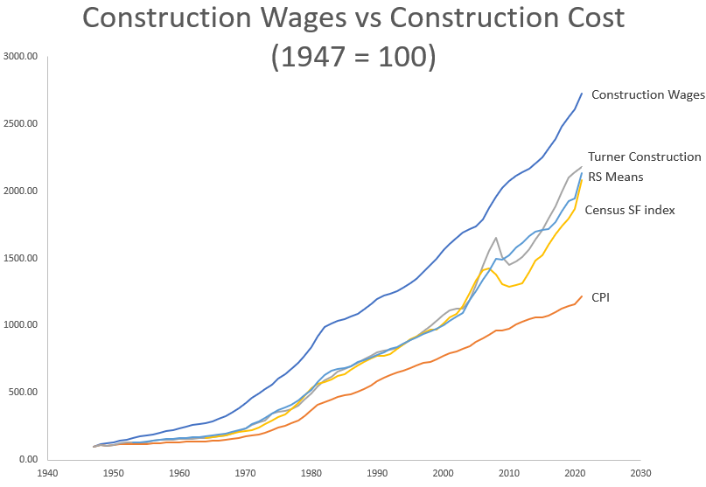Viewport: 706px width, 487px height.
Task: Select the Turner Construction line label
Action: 644,157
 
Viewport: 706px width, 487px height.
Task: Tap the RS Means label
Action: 615,177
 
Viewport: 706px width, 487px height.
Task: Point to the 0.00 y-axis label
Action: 28,460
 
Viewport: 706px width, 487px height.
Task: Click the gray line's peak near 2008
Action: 496,237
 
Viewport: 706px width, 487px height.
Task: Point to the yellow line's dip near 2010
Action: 510,286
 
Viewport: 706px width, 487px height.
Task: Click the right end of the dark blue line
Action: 582,93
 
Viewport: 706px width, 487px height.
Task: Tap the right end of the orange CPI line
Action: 582,296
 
